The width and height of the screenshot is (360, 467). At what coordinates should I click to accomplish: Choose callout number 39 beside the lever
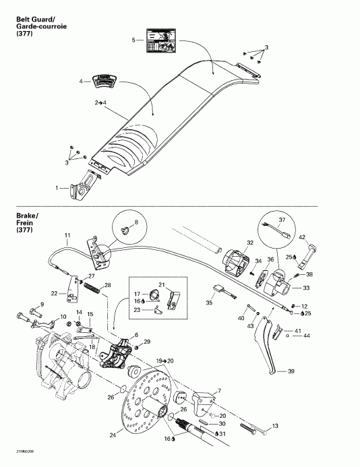291,371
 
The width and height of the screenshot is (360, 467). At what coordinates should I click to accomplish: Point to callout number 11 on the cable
67,235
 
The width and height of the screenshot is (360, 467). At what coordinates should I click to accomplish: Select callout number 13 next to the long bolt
274,426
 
